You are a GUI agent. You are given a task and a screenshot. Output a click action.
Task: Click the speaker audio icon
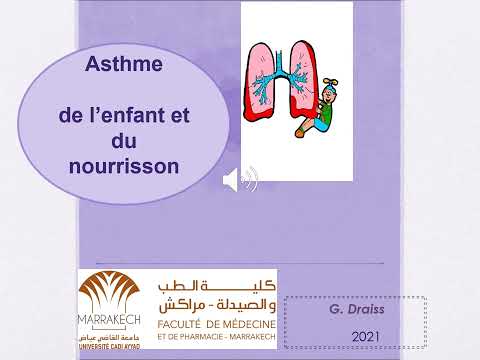click(240, 181)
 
